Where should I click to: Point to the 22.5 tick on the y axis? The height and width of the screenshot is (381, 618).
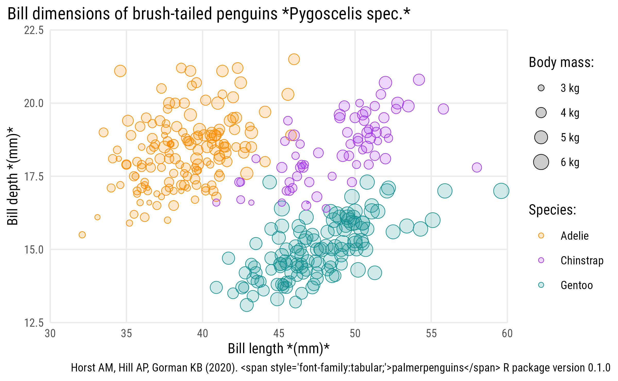pos(34,30)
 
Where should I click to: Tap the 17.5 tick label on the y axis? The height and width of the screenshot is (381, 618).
pos(34,177)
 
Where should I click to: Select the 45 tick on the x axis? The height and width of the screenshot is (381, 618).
pos(279,333)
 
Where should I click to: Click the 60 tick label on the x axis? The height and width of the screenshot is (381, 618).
pos(507,333)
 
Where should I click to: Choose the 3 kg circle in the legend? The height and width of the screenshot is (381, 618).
pos(541,88)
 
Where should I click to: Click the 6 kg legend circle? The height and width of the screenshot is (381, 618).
pos(541,162)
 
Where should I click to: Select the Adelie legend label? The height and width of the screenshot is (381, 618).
pos(574,236)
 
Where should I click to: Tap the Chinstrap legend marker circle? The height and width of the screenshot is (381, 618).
pos(541,260)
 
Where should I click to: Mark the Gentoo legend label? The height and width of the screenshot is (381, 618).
pos(577,285)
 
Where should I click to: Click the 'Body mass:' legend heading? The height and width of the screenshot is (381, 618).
pos(561,63)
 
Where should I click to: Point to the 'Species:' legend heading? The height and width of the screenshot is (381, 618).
pos(552,210)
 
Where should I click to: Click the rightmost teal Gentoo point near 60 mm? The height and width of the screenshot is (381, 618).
pos(501,191)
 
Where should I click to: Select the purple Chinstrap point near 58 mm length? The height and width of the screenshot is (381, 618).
pos(477,168)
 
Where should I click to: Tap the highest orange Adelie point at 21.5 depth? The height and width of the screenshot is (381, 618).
pos(294,59)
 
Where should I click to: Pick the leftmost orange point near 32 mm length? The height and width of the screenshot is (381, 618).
pos(82,235)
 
